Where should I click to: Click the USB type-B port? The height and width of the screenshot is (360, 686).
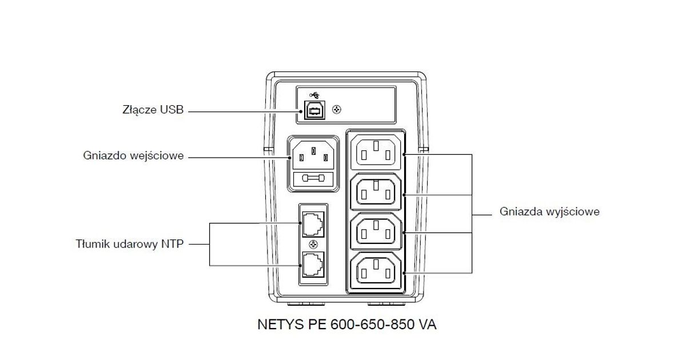[x=312, y=110]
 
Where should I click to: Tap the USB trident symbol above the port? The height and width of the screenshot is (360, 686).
[x=313, y=95]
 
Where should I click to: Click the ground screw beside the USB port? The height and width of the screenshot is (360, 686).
[x=336, y=109]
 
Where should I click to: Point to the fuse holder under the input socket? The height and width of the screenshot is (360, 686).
[x=314, y=179]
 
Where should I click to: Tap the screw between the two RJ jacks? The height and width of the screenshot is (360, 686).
[x=313, y=244]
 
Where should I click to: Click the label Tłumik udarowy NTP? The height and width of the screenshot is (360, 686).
[x=130, y=244]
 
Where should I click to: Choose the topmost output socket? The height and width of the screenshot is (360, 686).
[x=376, y=151]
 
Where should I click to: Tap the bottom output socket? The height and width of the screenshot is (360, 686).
[x=376, y=270]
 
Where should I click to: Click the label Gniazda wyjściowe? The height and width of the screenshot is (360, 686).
[x=549, y=211]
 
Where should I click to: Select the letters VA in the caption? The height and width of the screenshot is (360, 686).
[x=428, y=325]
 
